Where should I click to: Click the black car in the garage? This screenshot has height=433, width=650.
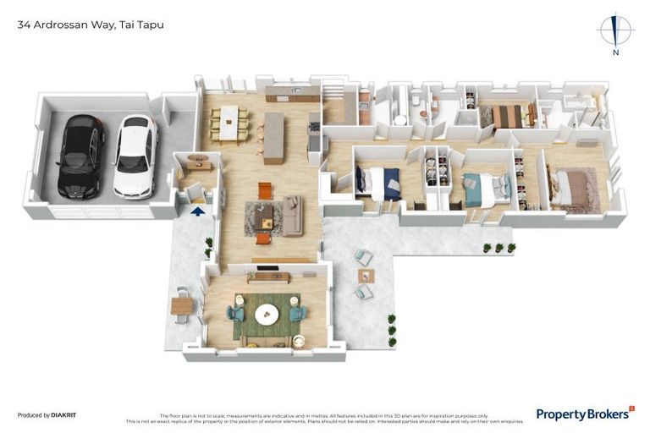(81, 156)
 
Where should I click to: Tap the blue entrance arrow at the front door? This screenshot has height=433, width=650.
(198, 211)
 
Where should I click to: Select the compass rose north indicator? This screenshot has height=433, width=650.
(615, 30)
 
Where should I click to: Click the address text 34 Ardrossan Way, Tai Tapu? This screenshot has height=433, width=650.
(91, 25)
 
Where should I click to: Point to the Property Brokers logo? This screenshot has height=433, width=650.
(585, 414)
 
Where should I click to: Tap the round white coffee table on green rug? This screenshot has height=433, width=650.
(267, 314)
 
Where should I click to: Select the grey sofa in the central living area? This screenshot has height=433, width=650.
(292, 216)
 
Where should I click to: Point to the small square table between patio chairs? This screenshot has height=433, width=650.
(366, 275)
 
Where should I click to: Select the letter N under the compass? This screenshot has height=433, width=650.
(615, 52)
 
